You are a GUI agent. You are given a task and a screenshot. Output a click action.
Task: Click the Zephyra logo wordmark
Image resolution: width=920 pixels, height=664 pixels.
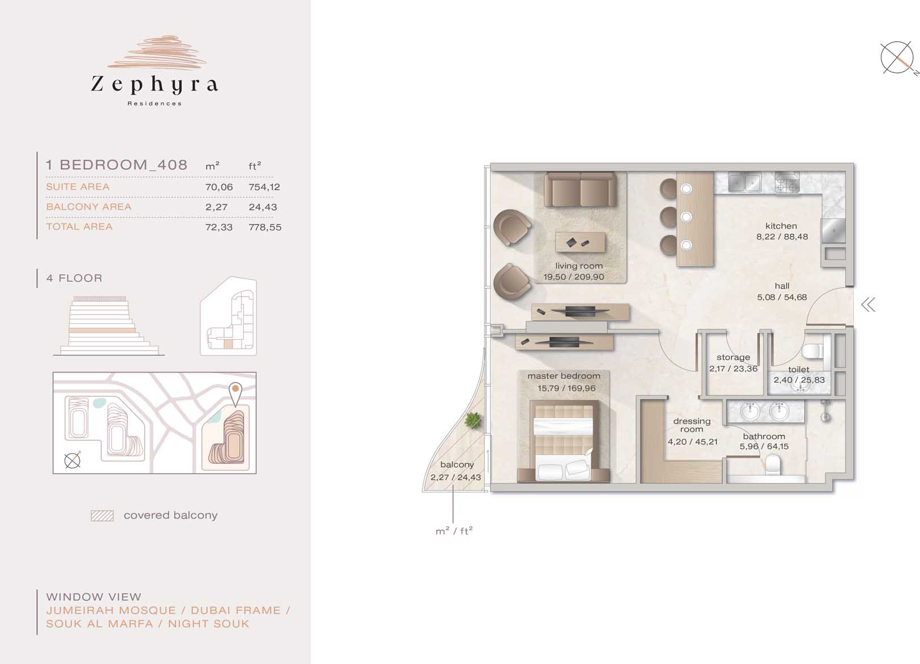click(154, 85)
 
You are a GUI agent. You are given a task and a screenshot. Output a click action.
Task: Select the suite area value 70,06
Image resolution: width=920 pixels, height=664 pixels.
click(219, 187)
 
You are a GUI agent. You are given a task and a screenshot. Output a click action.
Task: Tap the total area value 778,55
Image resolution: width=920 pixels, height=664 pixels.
click(265, 227)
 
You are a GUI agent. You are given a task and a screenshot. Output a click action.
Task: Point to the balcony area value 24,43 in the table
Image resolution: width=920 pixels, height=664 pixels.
click(263, 207)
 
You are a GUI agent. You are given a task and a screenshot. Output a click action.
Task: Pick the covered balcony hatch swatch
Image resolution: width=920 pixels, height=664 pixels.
click(102, 516)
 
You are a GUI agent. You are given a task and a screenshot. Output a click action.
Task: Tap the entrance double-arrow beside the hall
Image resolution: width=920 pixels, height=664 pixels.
click(869, 305)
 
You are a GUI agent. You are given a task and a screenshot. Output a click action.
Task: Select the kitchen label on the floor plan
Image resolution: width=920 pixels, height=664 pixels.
click(781, 226)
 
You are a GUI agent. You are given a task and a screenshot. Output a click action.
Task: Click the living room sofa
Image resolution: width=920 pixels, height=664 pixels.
click(581, 189)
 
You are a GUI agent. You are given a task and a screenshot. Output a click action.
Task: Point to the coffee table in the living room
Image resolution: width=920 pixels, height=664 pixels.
click(581, 242)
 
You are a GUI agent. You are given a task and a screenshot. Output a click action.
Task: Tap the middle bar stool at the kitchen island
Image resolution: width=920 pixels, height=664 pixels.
click(669, 217)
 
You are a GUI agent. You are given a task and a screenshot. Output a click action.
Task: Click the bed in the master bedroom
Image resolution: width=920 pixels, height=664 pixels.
click(564, 440)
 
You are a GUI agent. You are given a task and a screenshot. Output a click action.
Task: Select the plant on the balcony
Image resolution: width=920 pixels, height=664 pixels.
click(473, 421)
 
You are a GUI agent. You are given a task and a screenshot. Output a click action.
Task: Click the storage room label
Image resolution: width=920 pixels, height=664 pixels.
click(733, 358)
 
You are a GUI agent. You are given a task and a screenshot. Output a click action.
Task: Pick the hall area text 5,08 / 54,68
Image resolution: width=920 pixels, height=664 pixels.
click(781, 297)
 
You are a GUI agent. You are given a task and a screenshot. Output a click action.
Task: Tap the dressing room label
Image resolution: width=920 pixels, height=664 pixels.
click(692, 425)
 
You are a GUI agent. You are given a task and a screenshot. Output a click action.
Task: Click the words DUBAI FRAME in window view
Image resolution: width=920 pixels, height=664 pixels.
click(236, 611)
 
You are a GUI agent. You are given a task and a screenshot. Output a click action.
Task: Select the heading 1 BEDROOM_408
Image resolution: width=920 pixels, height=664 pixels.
click(117, 165)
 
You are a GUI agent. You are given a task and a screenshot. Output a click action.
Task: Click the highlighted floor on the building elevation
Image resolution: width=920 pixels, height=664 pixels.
click(102, 331)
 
